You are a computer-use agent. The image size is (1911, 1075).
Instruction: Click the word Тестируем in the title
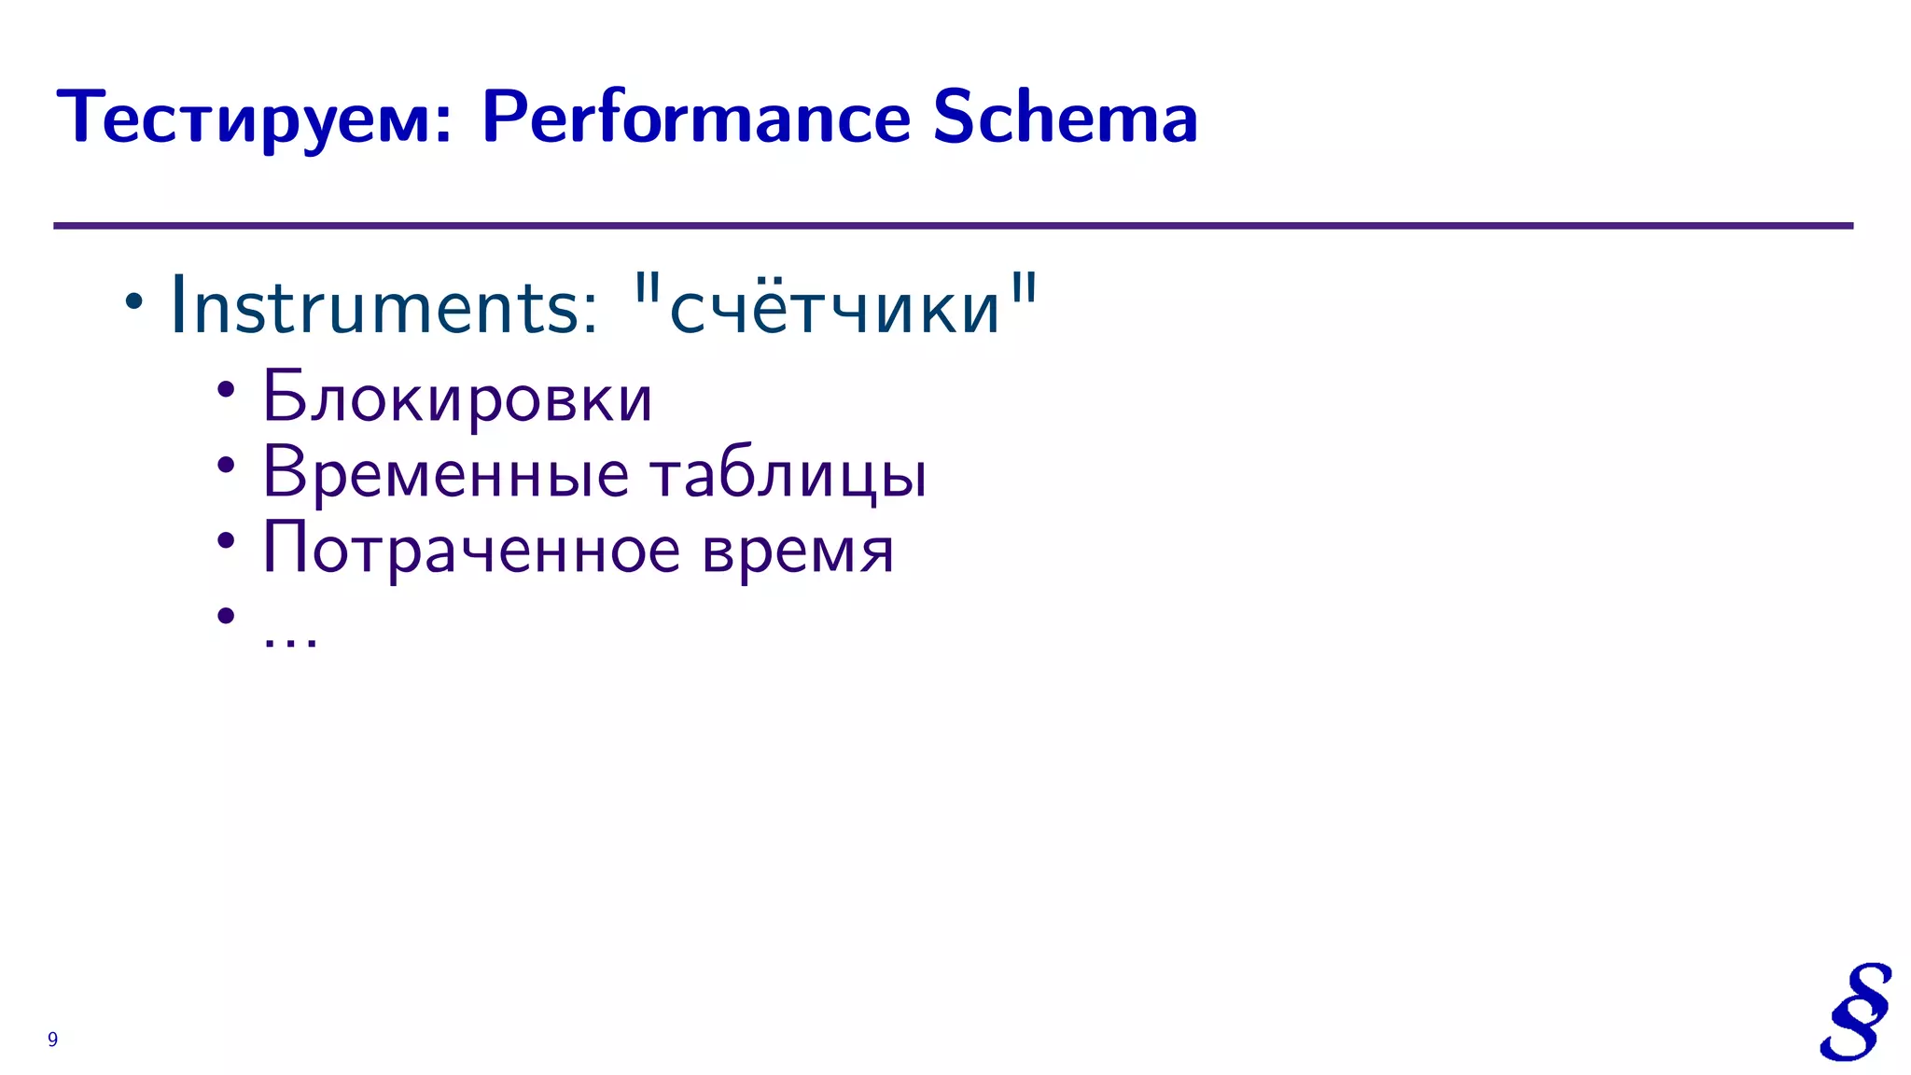(x=254, y=119)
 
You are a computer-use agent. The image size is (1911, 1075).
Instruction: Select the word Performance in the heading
(x=696, y=119)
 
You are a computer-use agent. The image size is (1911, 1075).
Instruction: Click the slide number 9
(x=52, y=1040)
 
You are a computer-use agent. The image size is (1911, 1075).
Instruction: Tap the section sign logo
(x=1855, y=1012)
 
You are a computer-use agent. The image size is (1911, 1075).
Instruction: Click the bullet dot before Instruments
(x=134, y=301)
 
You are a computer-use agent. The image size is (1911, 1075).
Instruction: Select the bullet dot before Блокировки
(x=226, y=390)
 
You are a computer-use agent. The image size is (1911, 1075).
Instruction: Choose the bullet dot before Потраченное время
(x=226, y=540)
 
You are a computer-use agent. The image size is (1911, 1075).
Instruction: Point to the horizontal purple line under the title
(x=952, y=226)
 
